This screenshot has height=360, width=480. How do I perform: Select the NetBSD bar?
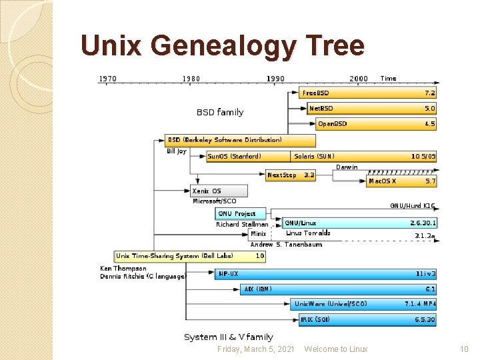(x=371, y=108)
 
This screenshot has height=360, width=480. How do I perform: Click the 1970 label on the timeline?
(x=107, y=79)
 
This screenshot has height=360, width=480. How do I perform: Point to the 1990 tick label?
(x=275, y=79)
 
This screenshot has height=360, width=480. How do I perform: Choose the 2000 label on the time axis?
(x=359, y=79)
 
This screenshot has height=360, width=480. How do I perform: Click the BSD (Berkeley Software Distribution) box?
(x=240, y=141)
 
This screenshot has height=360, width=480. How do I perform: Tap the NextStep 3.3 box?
(x=291, y=175)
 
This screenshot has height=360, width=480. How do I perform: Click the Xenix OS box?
(x=219, y=191)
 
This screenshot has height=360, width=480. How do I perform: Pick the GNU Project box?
(x=241, y=214)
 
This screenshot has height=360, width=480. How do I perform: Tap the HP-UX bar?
(x=327, y=273)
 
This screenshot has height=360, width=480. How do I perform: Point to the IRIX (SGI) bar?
(x=367, y=320)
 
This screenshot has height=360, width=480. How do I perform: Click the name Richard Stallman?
(x=241, y=225)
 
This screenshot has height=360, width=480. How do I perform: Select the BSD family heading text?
(x=220, y=112)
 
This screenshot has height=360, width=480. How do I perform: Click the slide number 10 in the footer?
(x=465, y=349)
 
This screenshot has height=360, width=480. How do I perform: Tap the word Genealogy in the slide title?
(x=223, y=46)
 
